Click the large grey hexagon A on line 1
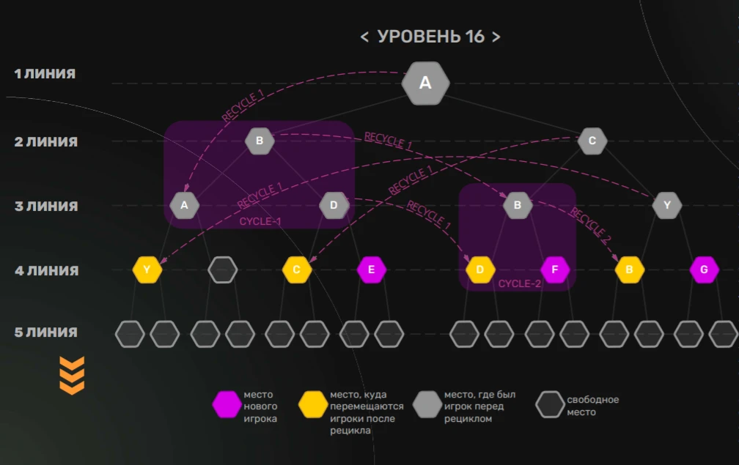425,83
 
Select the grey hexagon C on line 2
592,141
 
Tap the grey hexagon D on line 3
334,205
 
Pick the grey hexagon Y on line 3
667,205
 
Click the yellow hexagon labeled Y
147,269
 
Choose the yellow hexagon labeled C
297,269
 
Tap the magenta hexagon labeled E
372,269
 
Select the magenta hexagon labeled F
555,269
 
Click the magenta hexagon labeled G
704,269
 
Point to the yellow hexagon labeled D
480,269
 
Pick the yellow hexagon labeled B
629,269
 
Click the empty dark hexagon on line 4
222,269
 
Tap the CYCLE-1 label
260,221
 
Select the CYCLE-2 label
519,283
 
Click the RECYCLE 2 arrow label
591,226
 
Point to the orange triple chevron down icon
72,376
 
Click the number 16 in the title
474,36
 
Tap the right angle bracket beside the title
496,37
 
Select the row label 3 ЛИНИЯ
46,207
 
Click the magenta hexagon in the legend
227,404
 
